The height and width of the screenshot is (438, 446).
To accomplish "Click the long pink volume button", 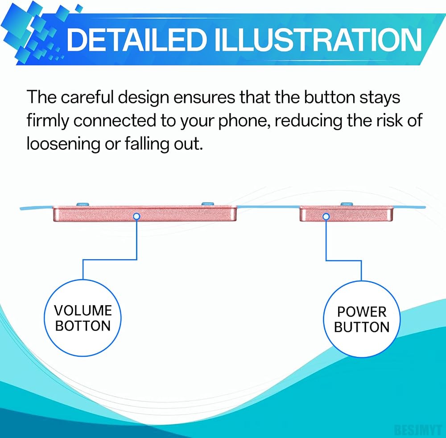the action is [145, 214].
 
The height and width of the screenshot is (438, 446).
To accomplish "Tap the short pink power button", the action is [347, 214].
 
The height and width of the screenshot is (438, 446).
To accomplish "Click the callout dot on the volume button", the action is [136, 217].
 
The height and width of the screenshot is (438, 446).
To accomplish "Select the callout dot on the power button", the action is [326, 217].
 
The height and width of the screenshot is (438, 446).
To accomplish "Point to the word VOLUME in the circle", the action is [83, 310].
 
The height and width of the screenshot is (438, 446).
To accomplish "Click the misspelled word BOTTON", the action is [83, 326].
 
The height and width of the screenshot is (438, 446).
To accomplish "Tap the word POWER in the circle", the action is [362, 312].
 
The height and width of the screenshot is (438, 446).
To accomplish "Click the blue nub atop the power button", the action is [347, 204].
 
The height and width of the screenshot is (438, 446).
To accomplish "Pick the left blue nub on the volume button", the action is [83, 204].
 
